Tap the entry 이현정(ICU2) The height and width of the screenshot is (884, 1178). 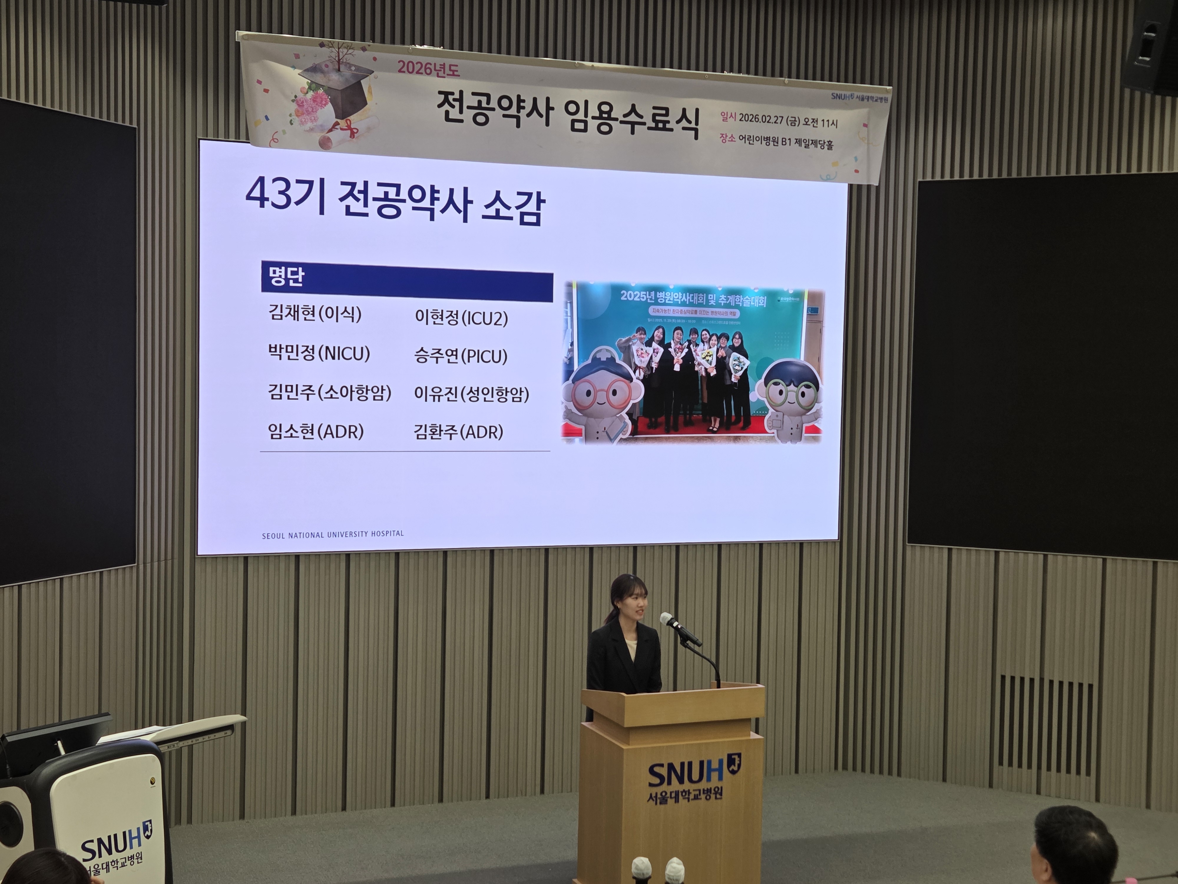461,318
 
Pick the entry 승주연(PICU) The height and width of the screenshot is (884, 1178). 461,356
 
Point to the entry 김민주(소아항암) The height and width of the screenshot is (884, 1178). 330,393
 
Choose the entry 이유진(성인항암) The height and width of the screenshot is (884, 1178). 471,394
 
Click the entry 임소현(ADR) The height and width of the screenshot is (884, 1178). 316,431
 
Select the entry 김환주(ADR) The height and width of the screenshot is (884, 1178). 459,432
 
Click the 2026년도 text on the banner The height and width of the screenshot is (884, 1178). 428,68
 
